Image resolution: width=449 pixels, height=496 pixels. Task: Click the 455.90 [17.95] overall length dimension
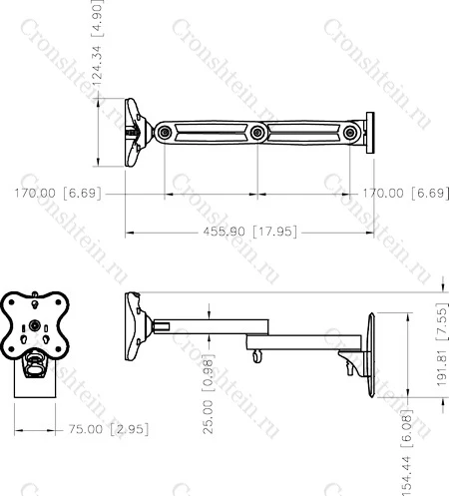click(x=250, y=232)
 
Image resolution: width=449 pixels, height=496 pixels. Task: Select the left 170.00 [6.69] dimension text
click(x=58, y=194)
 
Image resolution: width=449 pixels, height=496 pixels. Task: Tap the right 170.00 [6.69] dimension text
click(x=405, y=194)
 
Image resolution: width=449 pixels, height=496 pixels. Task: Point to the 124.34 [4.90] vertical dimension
click(x=98, y=43)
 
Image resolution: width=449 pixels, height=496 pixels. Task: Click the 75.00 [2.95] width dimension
click(x=109, y=429)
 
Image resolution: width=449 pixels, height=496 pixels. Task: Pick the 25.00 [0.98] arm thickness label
click(x=209, y=394)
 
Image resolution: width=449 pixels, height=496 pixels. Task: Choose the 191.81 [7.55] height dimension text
click(x=442, y=344)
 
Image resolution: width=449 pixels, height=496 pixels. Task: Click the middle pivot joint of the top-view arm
click(x=257, y=133)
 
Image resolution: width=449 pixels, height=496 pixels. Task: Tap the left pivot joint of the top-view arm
click(x=165, y=133)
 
